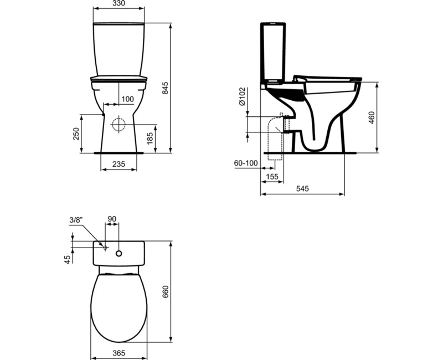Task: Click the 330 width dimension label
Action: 119,4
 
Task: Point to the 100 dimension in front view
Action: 127,99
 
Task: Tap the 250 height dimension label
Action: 78,133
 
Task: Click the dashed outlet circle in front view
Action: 119,124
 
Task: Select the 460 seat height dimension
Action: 372,119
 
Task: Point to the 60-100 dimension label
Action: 246,163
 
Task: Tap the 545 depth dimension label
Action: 302,189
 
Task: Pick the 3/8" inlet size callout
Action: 76,220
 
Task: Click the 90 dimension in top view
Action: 111,219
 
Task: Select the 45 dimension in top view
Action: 68,259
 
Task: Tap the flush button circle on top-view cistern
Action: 119,254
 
